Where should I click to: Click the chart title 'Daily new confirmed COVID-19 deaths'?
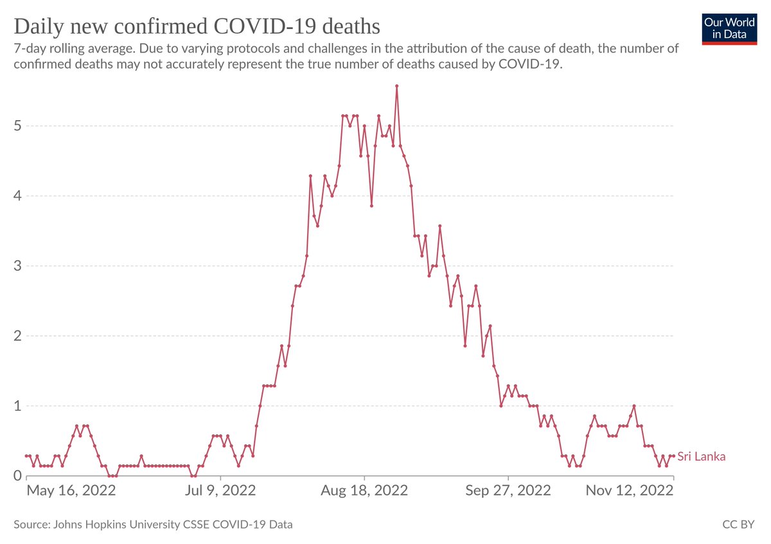[197, 26]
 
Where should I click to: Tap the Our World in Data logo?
[729, 28]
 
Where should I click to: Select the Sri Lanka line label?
[702, 457]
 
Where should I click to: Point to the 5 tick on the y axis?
[17, 125]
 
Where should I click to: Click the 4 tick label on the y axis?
[17, 195]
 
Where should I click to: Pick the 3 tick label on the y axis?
[17, 265]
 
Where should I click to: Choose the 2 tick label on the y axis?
[17, 335]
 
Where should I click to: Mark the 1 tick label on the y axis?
[17, 405]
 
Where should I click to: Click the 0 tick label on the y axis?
[17, 475]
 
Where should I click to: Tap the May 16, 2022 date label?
[71, 491]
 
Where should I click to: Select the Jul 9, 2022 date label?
[220, 491]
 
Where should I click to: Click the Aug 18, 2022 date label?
[364, 491]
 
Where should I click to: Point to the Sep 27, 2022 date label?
[508, 491]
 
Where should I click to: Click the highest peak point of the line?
[397, 85]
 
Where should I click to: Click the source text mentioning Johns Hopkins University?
[153, 525]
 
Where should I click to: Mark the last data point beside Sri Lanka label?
[673, 455]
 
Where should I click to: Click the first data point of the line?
[26, 455]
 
